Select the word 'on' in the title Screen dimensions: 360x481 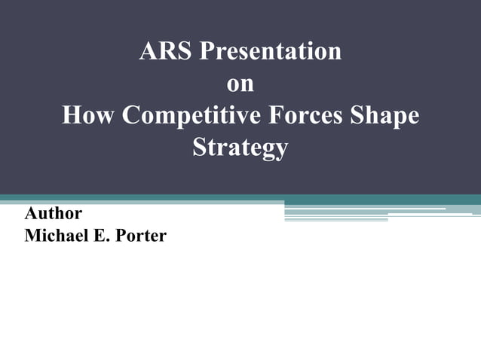(240, 84)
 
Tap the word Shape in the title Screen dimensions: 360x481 (385, 117)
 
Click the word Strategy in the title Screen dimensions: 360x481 (240, 148)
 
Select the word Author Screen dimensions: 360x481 (54, 213)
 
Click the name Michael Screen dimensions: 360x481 (58, 236)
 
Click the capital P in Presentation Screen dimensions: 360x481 (204, 52)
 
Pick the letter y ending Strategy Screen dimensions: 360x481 (280, 149)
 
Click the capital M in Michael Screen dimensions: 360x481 (33, 236)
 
